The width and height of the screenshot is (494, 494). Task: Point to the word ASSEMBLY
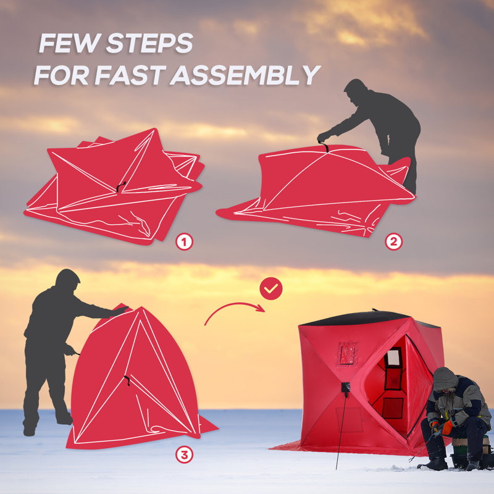(245, 75)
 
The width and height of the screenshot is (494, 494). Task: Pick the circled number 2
(393, 241)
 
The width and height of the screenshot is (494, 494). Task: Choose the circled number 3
(184, 455)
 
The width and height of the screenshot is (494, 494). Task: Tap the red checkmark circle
(270, 288)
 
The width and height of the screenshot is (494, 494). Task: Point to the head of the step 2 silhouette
(356, 90)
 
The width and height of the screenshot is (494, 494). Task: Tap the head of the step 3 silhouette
(67, 281)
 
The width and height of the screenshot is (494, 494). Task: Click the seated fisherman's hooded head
(445, 379)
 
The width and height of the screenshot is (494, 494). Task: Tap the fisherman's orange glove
(435, 427)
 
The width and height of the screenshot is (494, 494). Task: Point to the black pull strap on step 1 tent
(121, 185)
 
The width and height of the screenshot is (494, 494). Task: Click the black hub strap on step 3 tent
(127, 381)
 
